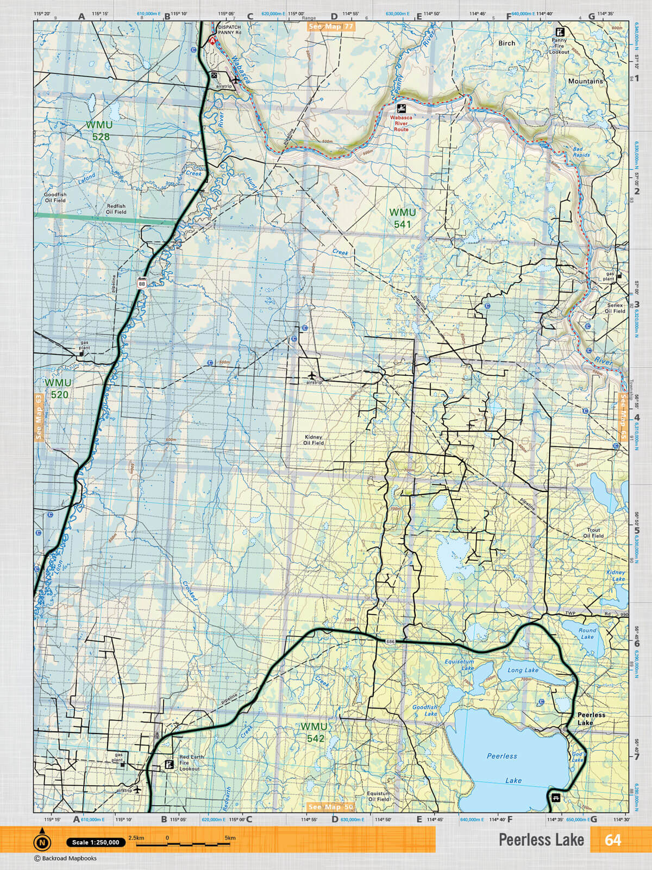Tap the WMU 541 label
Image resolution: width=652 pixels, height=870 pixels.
[x=403, y=218]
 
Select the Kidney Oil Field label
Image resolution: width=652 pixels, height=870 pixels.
[x=314, y=440]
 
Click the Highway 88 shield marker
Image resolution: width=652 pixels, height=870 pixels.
[x=142, y=283]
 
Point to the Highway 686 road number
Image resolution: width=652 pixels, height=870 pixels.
[x=390, y=642]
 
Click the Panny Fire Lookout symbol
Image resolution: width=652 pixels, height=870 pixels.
[x=559, y=32]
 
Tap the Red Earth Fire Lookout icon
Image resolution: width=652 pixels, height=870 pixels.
[x=170, y=765]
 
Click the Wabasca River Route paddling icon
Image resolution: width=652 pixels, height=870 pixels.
[x=401, y=108]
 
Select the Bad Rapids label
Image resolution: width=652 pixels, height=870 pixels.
[x=581, y=152]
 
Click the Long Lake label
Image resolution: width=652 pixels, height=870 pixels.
[x=523, y=670]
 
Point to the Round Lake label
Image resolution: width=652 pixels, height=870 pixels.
[x=587, y=633]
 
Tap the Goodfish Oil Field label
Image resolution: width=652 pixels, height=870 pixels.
[x=55, y=197]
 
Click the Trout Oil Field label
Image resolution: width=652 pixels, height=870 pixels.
[x=593, y=533]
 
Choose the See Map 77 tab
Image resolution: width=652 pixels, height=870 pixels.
[x=331, y=26]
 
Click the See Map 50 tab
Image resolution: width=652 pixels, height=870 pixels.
[x=330, y=807]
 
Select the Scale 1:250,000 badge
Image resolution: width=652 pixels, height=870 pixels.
[x=96, y=842]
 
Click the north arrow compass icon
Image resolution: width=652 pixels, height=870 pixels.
[x=42, y=842]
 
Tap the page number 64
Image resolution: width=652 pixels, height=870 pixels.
[x=612, y=840]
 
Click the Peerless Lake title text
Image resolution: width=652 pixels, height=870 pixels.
[x=541, y=840]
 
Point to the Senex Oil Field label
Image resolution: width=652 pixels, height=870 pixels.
[x=615, y=308]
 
